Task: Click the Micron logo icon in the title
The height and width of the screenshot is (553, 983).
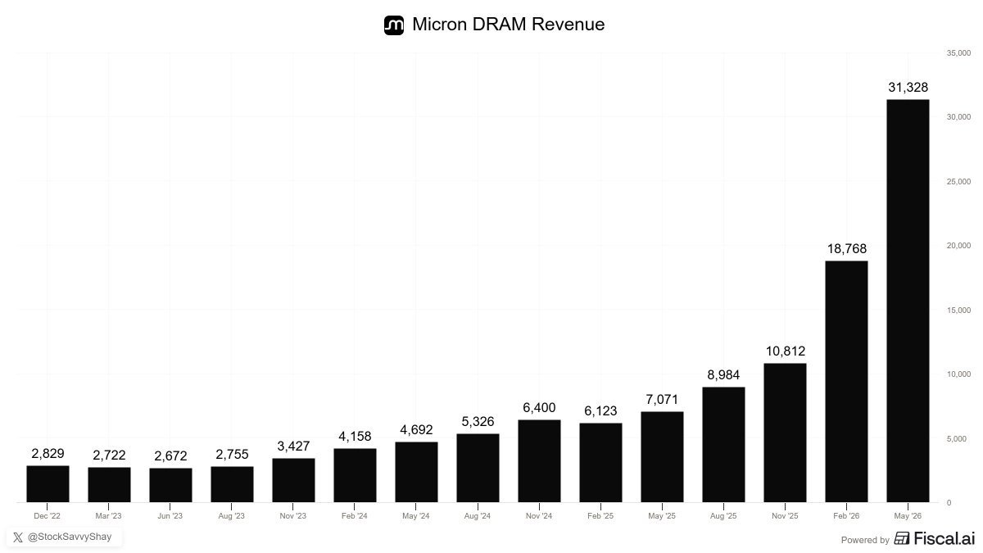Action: point(394,25)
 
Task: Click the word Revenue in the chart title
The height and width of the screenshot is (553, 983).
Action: point(568,24)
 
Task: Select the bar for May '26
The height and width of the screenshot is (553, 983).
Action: point(908,301)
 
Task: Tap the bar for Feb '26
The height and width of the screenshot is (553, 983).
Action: point(846,382)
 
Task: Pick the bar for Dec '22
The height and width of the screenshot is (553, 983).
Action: point(48,483)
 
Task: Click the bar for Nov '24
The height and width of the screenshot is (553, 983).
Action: point(539,460)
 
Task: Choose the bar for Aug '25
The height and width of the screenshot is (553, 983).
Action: point(723,445)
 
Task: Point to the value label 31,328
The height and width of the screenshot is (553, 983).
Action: point(908,88)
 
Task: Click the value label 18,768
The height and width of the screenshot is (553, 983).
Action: point(846,249)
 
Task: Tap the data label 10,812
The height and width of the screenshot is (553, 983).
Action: point(785,351)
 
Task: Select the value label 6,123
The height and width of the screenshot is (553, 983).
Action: point(600,410)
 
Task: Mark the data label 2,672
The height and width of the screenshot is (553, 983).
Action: point(170,456)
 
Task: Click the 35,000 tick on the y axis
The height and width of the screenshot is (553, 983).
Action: point(958,53)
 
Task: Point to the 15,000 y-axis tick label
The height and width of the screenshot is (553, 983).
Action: point(958,310)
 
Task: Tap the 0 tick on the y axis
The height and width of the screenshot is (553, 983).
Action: point(949,503)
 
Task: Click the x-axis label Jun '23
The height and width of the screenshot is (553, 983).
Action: point(170,515)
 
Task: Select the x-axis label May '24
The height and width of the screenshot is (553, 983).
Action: point(415,515)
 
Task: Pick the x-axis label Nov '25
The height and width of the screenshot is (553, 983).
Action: point(785,515)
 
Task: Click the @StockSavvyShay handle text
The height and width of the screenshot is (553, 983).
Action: point(70,537)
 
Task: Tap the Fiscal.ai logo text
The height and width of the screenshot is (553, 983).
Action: point(944,538)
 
